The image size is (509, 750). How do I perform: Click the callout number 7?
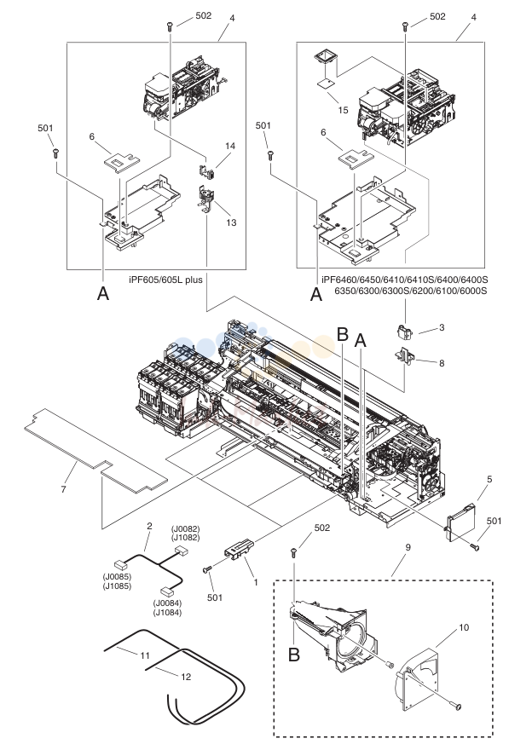[63, 489]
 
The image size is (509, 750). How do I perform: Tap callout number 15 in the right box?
[343, 110]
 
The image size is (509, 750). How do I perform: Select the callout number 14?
[230, 146]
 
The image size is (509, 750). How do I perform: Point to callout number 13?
[231, 222]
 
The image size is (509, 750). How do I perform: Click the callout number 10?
[464, 627]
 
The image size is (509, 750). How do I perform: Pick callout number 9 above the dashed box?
[408, 546]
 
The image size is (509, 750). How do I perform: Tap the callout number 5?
[489, 479]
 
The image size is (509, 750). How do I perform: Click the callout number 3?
[442, 327]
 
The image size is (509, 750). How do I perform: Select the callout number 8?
[442, 363]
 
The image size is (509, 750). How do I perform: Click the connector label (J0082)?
[186, 529]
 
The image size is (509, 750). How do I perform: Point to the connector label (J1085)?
[117, 586]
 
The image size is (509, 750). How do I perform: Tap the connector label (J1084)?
[167, 612]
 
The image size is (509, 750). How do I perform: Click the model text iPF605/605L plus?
[165, 280]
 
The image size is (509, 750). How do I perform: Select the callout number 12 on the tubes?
[186, 677]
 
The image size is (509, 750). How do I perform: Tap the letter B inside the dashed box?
[294, 655]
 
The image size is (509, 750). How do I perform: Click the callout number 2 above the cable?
[149, 526]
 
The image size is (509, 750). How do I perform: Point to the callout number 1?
[256, 582]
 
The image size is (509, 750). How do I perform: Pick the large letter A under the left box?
[103, 293]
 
